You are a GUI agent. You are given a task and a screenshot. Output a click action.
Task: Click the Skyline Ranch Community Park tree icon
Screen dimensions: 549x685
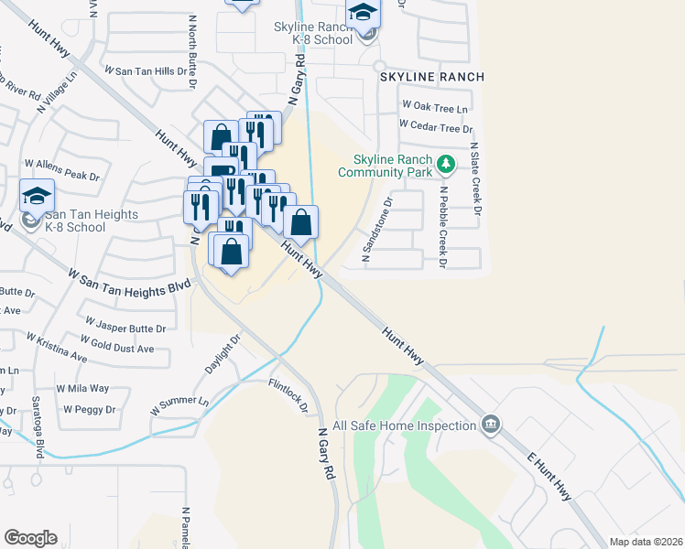click(446, 165)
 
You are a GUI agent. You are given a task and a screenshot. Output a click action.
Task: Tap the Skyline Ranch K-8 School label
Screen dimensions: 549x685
click(313, 34)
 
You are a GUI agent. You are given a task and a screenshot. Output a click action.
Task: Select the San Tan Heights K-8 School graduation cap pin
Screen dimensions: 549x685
click(38, 196)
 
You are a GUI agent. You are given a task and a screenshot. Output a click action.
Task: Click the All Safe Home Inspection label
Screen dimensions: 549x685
click(404, 425)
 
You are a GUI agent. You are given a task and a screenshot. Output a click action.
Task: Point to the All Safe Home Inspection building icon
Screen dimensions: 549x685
click(492, 424)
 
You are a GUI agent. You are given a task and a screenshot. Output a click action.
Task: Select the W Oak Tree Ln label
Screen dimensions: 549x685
click(434, 108)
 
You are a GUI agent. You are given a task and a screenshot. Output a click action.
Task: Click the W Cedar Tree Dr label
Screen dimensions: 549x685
click(436, 128)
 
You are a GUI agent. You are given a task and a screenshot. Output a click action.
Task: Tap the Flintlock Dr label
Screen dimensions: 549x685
click(288, 396)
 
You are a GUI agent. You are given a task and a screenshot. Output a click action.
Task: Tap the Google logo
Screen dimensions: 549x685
click(30, 538)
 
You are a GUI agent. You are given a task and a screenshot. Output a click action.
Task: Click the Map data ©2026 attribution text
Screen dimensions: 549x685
click(646, 542)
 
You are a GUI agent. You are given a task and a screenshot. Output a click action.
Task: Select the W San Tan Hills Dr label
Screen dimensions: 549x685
click(145, 70)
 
